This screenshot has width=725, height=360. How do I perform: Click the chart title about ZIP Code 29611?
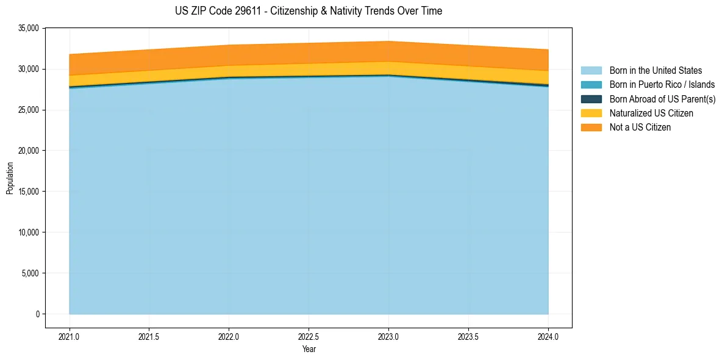309,11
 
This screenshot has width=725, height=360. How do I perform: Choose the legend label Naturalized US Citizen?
651,113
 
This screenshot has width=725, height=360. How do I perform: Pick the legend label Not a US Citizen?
640,128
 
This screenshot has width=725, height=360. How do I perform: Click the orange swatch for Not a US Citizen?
591,128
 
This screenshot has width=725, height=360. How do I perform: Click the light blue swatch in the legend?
591,71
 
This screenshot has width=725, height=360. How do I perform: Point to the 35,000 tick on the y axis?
29,28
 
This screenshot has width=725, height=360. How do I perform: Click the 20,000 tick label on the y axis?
29,151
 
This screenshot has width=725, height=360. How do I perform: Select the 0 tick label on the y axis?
37,314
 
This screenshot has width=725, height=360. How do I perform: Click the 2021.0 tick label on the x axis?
70,336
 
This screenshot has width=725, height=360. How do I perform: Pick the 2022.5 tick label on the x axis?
309,336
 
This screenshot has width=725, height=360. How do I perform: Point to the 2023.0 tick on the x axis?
388,336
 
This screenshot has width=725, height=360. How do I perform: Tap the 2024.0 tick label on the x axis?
548,336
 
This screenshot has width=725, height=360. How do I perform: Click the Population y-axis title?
10,178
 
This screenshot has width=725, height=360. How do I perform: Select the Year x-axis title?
309,349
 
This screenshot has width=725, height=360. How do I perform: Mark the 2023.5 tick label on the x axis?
468,336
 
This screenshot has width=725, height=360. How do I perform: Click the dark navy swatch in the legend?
591,99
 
